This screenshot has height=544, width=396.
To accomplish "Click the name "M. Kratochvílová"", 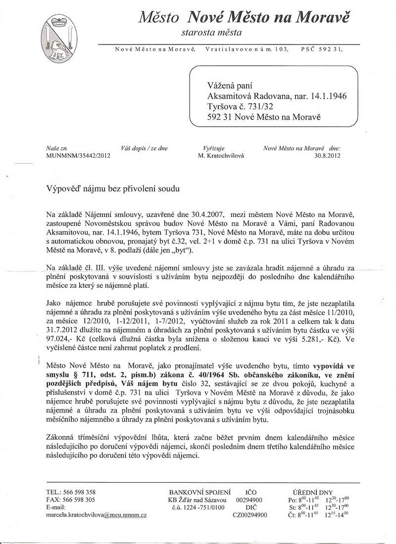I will (x=220, y=155).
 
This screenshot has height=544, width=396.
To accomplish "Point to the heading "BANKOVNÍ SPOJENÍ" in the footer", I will (x=200, y=492).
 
